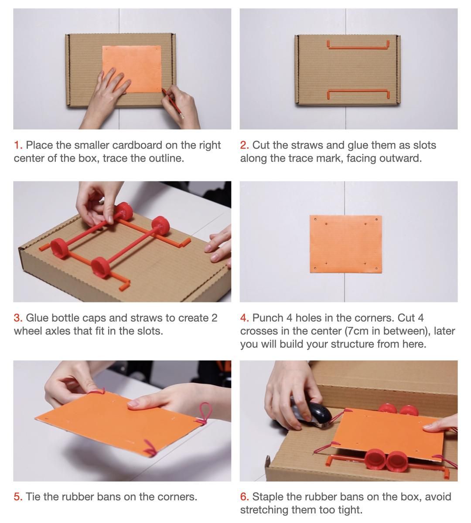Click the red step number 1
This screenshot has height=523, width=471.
[x=17, y=145]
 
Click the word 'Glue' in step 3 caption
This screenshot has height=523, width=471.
[x=37, y=318]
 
